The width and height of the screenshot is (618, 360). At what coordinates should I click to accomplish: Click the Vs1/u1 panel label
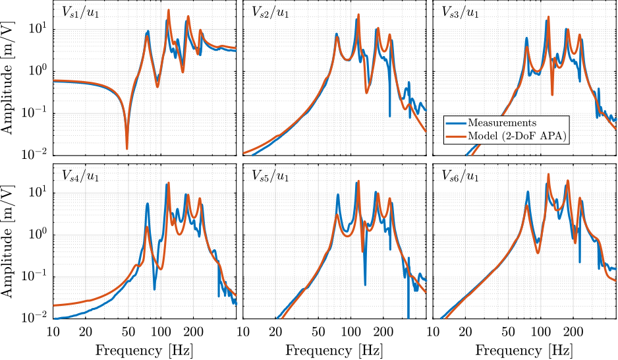coord(80,13)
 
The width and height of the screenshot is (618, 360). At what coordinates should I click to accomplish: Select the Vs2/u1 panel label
coord(269,13)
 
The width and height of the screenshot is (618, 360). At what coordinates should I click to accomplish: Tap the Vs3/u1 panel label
coord(460,13)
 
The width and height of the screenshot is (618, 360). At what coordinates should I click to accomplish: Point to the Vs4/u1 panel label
coord(80,176)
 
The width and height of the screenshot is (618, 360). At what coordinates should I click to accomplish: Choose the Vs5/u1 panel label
coord(269,176)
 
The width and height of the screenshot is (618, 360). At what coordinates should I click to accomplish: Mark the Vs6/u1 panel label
coord(460,176)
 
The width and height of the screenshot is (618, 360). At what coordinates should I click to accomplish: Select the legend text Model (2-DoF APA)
coord(517,136)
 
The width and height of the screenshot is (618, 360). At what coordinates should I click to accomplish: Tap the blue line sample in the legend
coord(456,123)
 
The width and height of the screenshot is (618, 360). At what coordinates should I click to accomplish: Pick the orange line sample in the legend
coord(456,136)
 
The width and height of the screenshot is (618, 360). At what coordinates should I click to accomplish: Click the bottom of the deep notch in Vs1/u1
coord(127,148)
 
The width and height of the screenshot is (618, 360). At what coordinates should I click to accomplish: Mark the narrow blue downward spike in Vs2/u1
coord(390,115)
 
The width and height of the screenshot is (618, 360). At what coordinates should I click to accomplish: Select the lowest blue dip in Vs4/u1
coord(155,288)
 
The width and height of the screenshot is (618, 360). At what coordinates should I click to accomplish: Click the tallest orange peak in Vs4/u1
coord(169,183)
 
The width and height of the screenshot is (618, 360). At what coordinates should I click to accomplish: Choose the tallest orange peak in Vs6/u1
coord(548,175)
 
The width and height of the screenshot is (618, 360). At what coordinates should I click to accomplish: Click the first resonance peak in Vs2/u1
coord(337,34)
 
